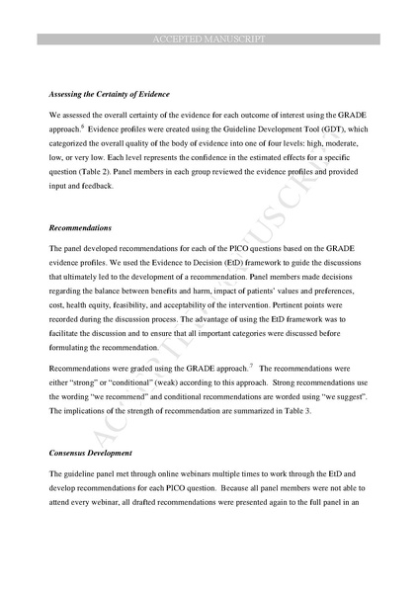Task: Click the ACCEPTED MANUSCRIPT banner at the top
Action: [x=209, y=39]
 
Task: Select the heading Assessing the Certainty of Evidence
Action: [x=109, y=94]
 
